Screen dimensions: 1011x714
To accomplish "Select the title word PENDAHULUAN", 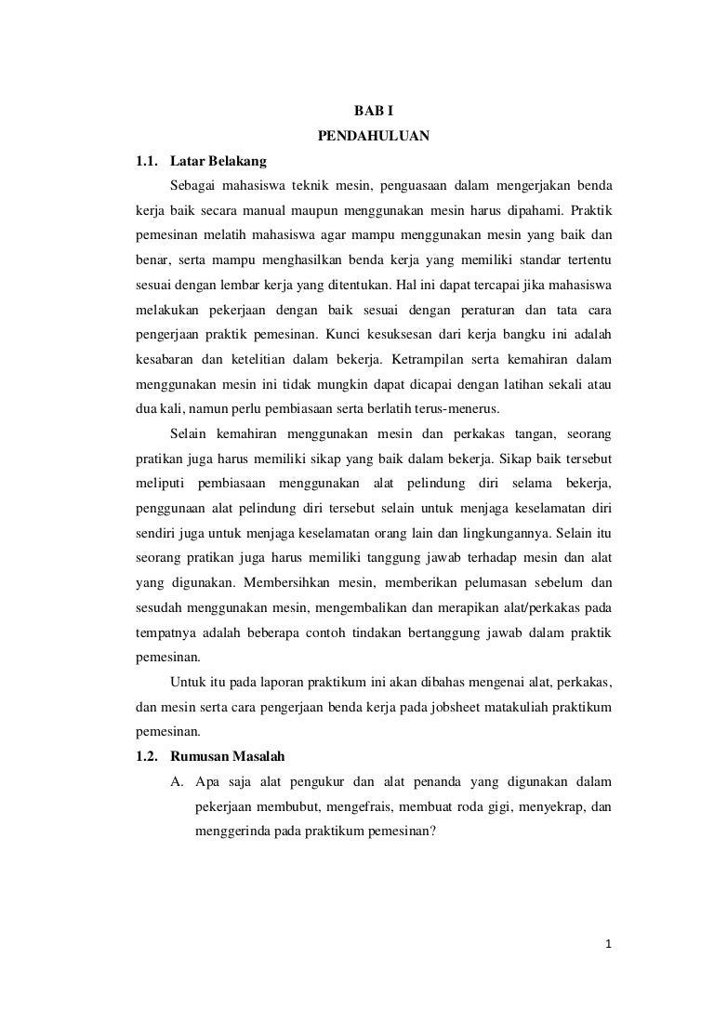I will coord(374,136).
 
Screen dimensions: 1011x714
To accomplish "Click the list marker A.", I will coord(177,780).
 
